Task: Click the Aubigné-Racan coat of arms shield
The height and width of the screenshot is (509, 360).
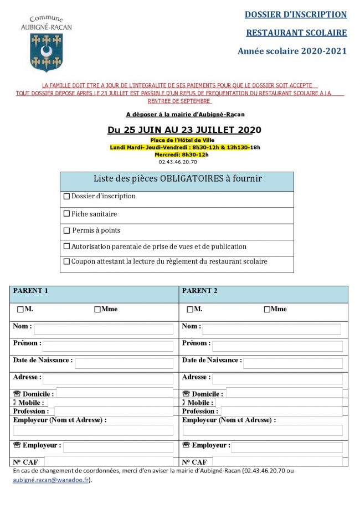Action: pyautogui.click(x=46, y=52)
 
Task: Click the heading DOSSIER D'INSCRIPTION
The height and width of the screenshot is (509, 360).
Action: pyautogui.click(x=296, y=15)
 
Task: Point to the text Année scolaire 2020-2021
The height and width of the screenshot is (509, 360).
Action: pyautogui.click(x=292, y=51)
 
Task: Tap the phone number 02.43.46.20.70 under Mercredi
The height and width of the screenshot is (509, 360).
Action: pyautogui.click(x=178, y=162)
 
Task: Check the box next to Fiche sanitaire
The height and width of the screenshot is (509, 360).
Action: pyautogui.click(x=67, y=214)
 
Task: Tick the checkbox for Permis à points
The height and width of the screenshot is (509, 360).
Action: pyautogui.click(x=67, y=231)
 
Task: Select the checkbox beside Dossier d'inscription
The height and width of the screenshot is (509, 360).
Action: pyautogui.click(x=67, y=196)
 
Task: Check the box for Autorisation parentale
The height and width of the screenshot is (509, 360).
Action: pyautogui.click(x=67, y=246)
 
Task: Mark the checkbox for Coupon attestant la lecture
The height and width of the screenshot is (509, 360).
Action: pyautogui.click(x=67, y=261)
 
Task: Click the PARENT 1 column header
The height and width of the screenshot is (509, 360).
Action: pyautogui.click(x=31, y=291)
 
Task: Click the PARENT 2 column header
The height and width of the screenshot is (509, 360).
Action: pyautogui.click(x=200, y=291)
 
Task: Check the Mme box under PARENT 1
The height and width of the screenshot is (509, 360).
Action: pyautogui.click(x=97, y=310)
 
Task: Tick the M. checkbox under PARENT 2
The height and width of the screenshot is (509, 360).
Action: pyautogui.click(x=190, y=310)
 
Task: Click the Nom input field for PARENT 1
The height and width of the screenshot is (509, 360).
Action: pyautogui.click(x=104, y=329)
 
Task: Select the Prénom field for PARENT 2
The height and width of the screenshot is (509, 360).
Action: pyautogui.click(x=277, y=346)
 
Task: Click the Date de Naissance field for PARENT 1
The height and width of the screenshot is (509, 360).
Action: pyautogui.click(x=124, y=363)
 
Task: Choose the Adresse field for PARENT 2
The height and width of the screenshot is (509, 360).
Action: pyautogui.click(x=277, y=379)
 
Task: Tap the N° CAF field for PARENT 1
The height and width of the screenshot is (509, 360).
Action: pyautogui.click(x=109, y=461)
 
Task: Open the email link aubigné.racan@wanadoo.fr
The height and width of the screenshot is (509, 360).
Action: pyautogui.click(x=50, y=480)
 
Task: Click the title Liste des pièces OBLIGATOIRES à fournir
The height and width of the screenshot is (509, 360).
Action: pyautogui.click(x=177, y=179)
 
